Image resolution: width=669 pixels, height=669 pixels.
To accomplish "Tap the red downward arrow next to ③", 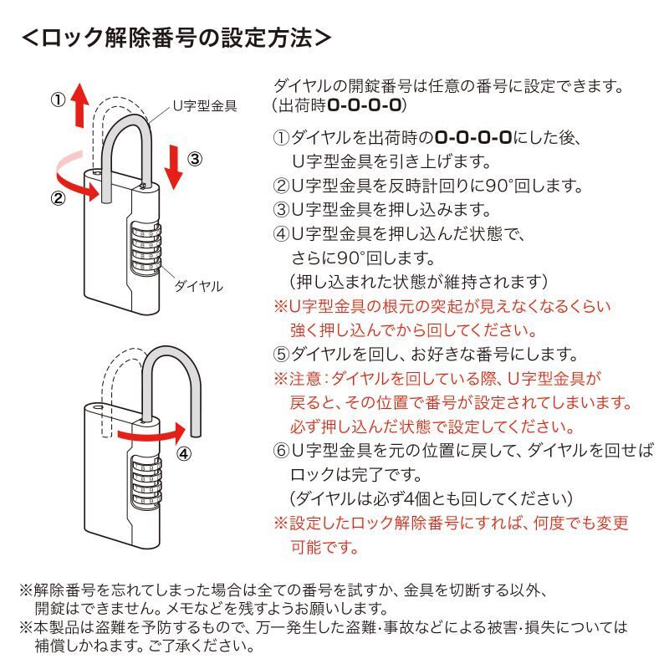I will click(173, 165).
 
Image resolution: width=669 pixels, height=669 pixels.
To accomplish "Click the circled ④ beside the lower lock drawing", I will click(183, 455).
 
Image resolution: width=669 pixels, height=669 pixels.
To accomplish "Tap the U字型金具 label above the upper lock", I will click(204, 106).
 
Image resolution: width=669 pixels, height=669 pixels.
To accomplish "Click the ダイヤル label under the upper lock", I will click(198, 286).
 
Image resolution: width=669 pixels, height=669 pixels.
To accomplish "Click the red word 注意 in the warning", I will click(302, 378).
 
